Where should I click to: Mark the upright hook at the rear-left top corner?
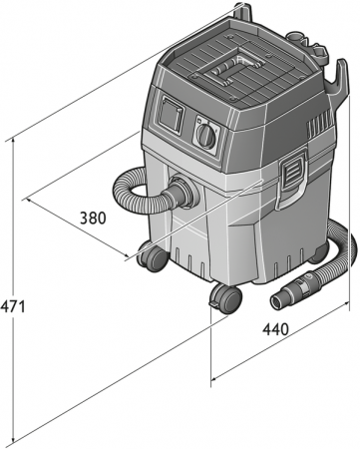[240, 12]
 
